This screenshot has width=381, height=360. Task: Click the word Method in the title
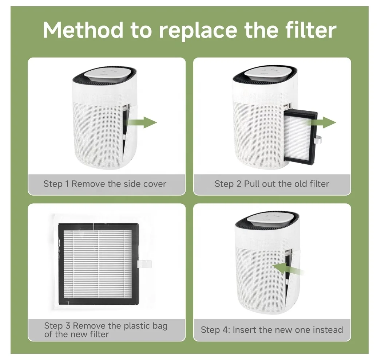(83, 30)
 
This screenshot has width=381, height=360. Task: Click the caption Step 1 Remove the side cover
(105, 184)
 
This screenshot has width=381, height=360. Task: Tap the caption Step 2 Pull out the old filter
(272, 184)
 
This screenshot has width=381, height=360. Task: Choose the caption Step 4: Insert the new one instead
(272, 330)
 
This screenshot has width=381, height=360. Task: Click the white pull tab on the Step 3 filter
(144, 264)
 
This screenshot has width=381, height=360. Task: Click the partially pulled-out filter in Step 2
(301, 137)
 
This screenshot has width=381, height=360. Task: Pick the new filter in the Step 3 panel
(98, 264)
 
